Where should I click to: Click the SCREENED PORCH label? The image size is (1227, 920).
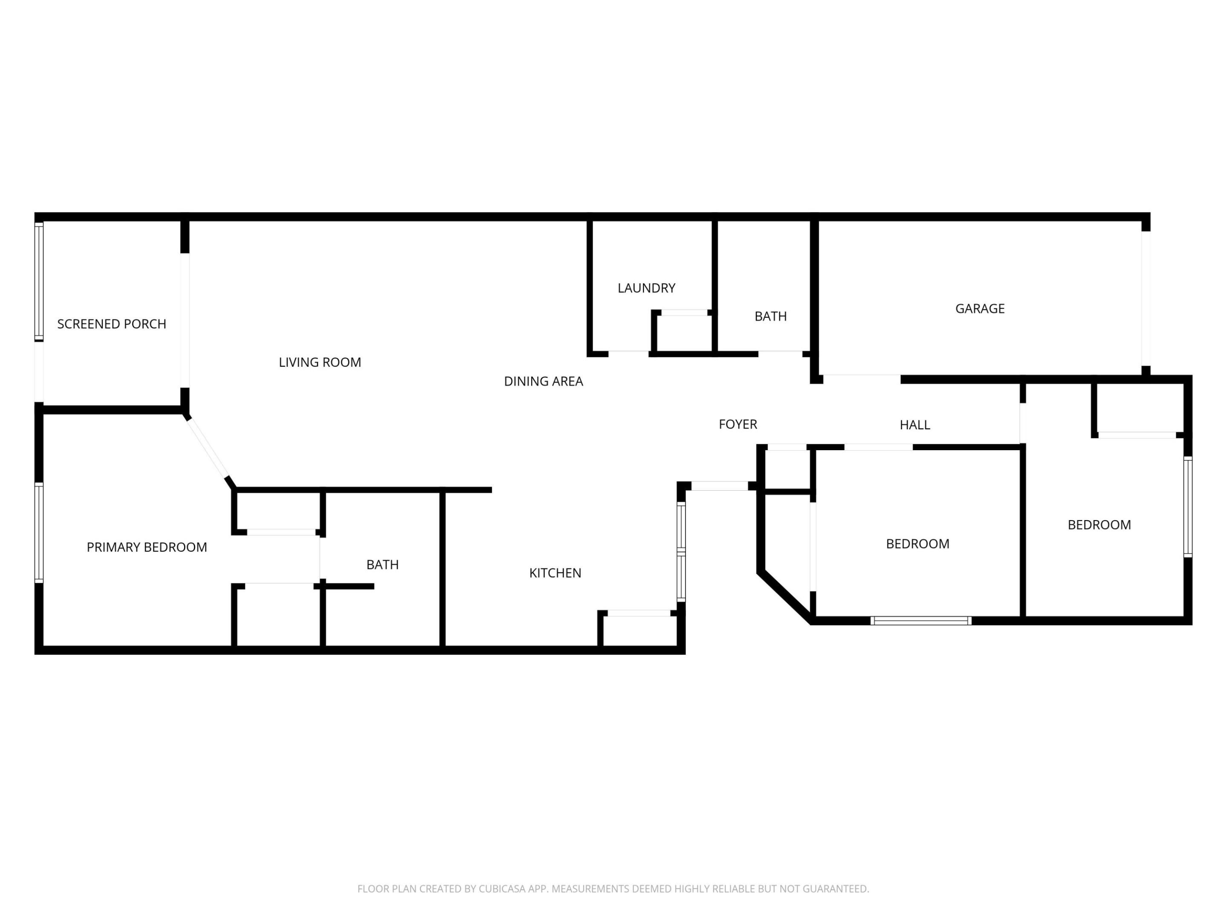[x=112, y=324]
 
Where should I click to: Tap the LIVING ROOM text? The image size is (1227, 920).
[x=320, y=362]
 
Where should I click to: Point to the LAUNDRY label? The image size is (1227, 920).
[x=646, y=288]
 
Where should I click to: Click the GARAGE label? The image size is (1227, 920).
[x=979, y=308]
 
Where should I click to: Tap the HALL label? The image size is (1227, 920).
[x=915, y=425]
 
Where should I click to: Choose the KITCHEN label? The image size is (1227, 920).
[x=555, y=573]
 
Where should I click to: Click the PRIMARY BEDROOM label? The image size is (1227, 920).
[x=147, y=547]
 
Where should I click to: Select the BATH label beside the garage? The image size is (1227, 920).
[x=770, y=316]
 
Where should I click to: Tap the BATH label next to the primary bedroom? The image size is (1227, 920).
[x=382, y=564]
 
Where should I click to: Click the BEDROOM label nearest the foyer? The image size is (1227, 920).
[x=917, y=543]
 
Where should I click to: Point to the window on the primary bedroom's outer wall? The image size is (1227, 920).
[x=39, y=533]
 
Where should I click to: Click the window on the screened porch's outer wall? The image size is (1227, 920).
[x=39, y=281]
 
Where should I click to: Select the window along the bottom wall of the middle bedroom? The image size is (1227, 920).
[x=921, y=621]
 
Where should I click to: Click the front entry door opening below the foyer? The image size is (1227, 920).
[x=720, y=486]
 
